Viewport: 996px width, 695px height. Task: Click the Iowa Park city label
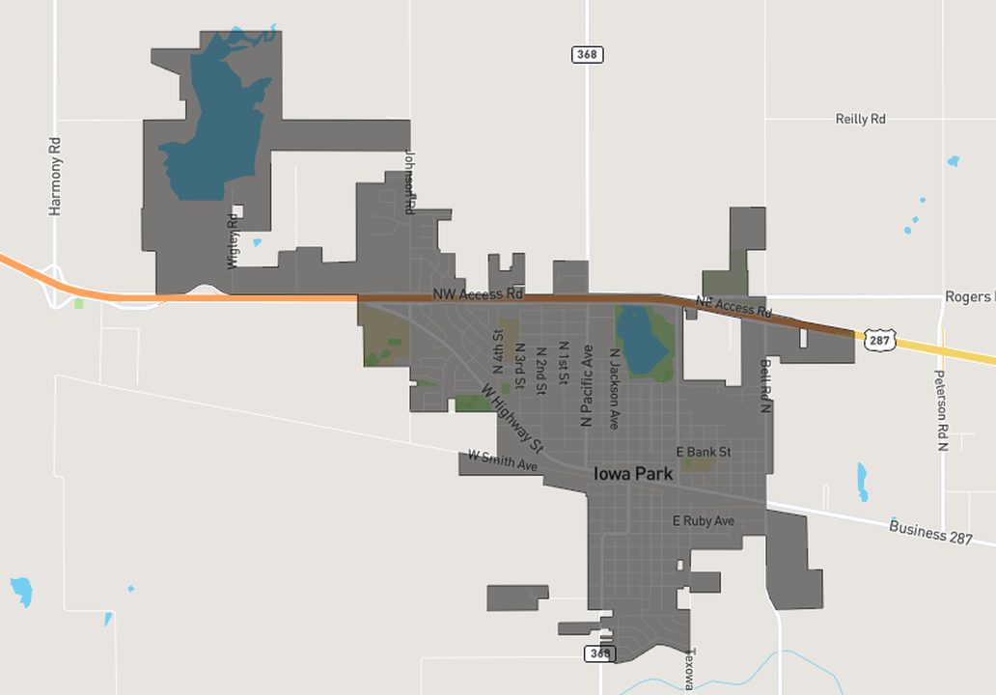pos(633,474)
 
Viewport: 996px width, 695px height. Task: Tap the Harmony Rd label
pos(55,176)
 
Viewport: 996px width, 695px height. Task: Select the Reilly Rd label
pos(860,119)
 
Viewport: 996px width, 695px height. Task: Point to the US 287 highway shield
pos(879,340)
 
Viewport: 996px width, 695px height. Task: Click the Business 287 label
pos(930,532)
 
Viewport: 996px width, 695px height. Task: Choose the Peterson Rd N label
pos(943,410)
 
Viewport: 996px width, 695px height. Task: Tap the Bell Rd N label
pos(765,387)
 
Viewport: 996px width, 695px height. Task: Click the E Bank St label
pos(704,452)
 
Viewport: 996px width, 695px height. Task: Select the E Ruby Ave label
pos(704,521)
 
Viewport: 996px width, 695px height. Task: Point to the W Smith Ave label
pos(502,460)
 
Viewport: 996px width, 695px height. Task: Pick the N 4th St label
pos(498,351)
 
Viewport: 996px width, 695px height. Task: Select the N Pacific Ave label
pos(586,385)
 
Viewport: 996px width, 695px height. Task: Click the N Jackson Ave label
pos(614,388)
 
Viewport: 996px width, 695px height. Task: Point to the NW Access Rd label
pos(478,292)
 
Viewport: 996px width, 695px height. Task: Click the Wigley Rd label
pos(233,240)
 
